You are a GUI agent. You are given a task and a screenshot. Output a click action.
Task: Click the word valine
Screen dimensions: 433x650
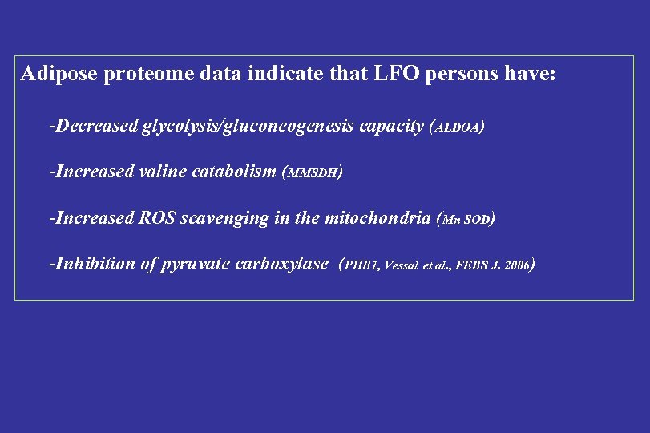coord(160,172)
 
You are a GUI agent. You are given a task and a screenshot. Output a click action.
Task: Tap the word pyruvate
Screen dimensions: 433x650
coord(192,265)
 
